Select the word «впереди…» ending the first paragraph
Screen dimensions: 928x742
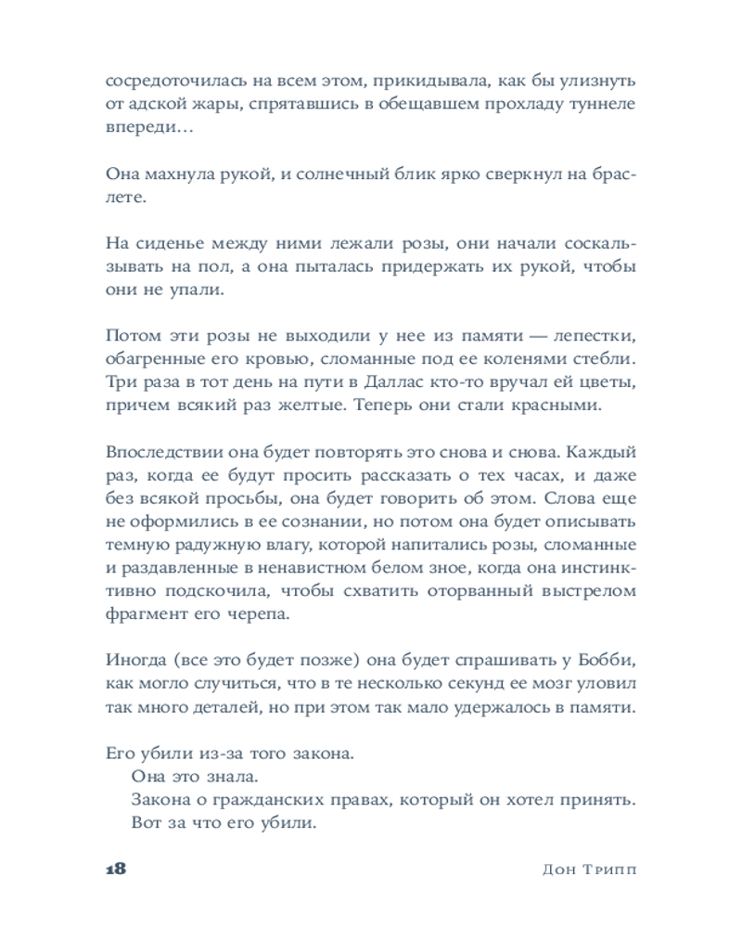149,128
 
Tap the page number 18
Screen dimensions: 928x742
116,870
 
